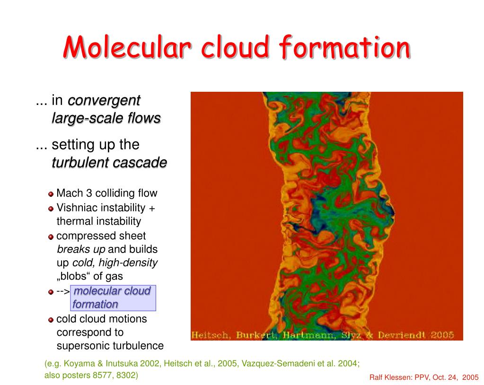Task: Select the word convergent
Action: pyautogui.click(x=105, y=100)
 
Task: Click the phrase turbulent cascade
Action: pyautogui.click(x=109, y=163)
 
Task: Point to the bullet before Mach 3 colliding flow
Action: pyautogui.click(x=51, y=194)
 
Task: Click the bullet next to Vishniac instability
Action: pyautogui.click(x=51, y=209)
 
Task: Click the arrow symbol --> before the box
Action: pyautogui.click(x=63, y=291)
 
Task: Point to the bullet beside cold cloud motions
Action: pyautogui.click(x=51, y=320)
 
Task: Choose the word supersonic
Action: pyautogui.click(x=83, y=346)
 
